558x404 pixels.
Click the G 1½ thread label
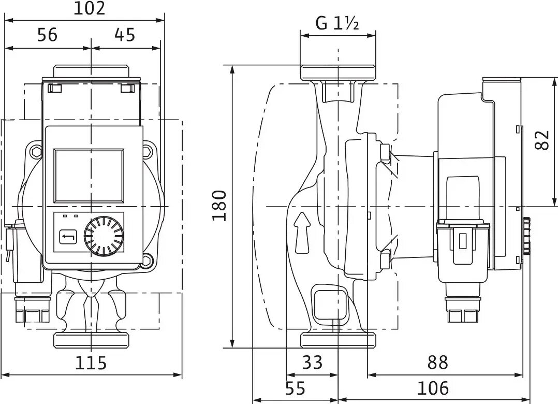[337, 24]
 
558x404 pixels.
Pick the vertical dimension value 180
[219, 206]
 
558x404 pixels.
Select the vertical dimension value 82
[541, 139]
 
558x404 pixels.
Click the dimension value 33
[312, 362]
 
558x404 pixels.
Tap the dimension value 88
[437, 362]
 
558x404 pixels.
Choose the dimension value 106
[433, 387]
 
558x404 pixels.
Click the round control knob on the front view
[104, 236]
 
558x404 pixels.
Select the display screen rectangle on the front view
[89, 176]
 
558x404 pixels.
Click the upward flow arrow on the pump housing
[303, 233]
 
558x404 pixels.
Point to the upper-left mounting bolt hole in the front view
[36, 152]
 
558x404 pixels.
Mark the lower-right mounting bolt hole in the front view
[148, 259]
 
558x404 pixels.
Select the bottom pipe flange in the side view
[337, 340]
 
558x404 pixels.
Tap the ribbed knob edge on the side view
[526, 236]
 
